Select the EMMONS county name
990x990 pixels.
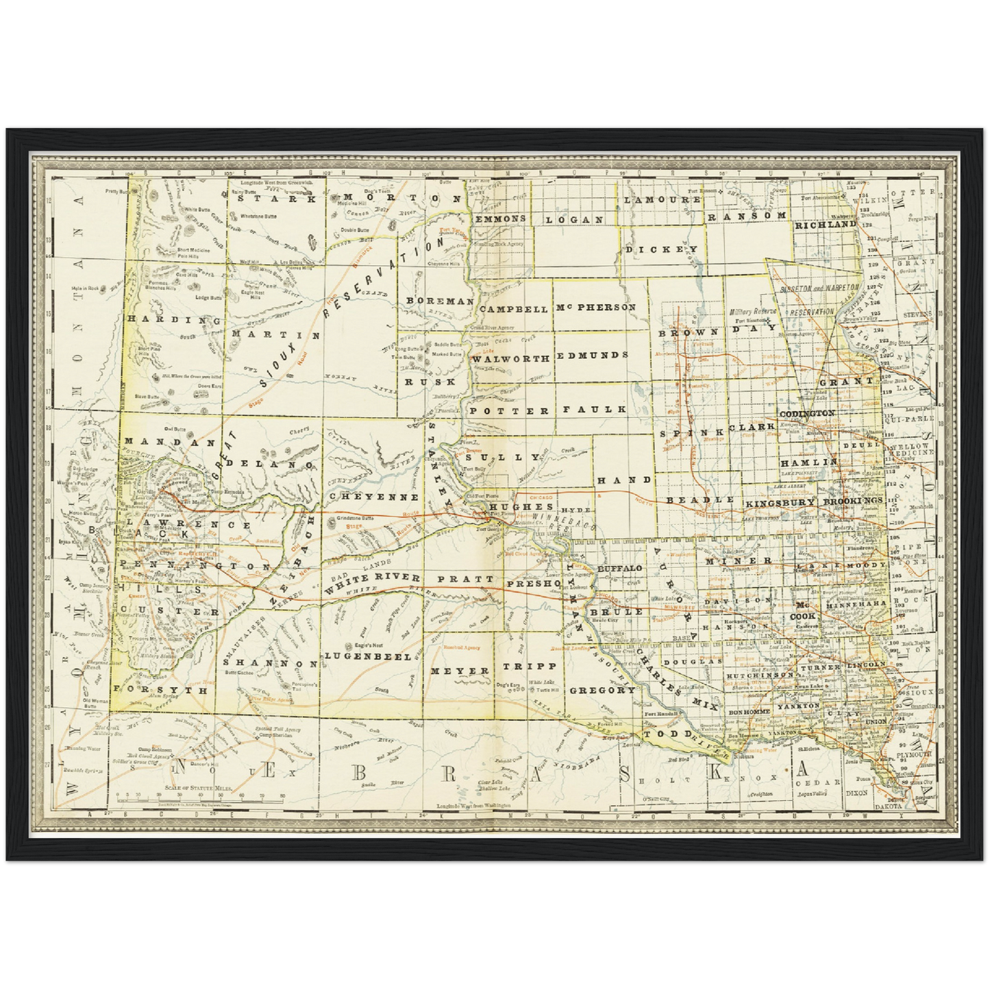(x=500, y=219)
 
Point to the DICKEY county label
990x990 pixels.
(x=661, y=249)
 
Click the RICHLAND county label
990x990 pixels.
(x=826, y=224)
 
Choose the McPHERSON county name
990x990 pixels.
(x=596, y=308)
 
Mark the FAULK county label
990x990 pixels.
(x=595, y=409)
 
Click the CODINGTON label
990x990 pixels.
(x=807, y=414)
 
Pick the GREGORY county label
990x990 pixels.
(x=602, y=690)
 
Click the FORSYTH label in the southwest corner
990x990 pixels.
(x=160, y=690)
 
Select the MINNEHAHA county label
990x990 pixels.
(x=855, y=606)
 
